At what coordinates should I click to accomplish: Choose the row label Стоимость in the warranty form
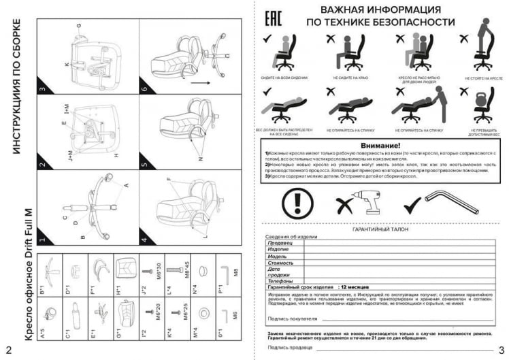pos(280,262)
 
